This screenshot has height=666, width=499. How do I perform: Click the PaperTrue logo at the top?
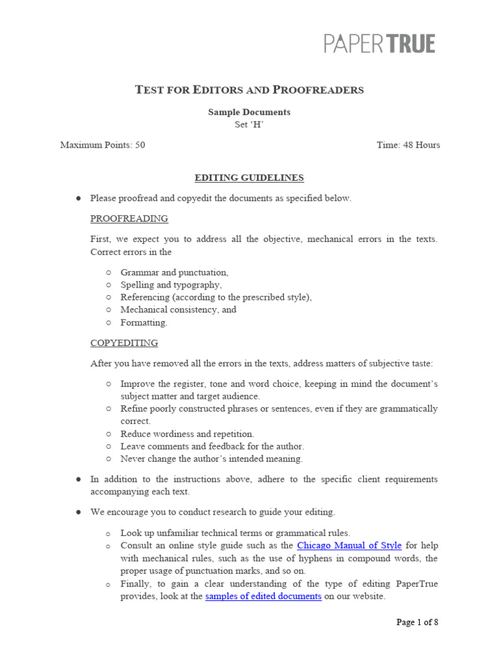pyautogui.click(x=379, y=44)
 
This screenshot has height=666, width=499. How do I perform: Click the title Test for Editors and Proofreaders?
pyautogui.click(x=249, y=90)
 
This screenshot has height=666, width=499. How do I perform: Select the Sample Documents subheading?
pyautogui.click(x=249, y=112)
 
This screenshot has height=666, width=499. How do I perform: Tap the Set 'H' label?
pyautogui.click(x=249, y=125)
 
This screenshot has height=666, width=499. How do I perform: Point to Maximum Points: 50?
pyautogui.click(x=103, y=145)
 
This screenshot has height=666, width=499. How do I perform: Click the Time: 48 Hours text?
pyautogui.click(x=408, y=145)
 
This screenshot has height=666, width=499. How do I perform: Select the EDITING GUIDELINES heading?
pyautogui.click(x=249, y=178)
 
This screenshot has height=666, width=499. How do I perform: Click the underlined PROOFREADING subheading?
pyautogui.click(x=129, y=219)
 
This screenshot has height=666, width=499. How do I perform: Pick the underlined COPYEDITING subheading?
pyautogui.click(x=123, y=343)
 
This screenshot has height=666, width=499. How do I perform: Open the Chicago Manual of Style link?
pyautogui.click(x=349, y=546)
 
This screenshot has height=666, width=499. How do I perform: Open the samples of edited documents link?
pyautogui.click(x=263, y=596)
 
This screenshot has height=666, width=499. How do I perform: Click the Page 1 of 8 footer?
pyautogui.click(x=417, y=622)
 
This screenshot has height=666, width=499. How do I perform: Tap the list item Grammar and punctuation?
pyautogui.click(x=174, y=273)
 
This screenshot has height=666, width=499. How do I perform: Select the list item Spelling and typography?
pyautogui.click(x=171, y=285)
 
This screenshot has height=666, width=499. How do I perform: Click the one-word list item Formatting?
pyautogui.click(x=144, y=322)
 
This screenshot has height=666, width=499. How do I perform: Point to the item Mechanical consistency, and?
pyautogui.click(x=178, y=310)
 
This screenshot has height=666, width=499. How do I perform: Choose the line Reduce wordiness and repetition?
pyautogui.click(x=187, y=434)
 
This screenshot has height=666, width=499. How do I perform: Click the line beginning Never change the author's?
pyautogui.click(x=211, y=459)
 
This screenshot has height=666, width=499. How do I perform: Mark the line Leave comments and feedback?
pyautogui.click(x=212, y=446)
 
